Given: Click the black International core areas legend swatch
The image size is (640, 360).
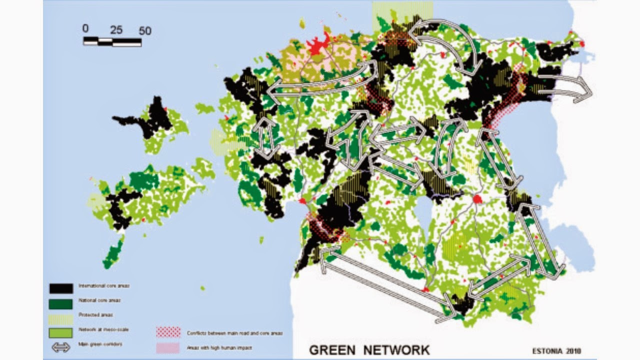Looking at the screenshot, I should pos(61,288).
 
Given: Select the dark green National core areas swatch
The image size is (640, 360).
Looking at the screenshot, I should pos(61,303).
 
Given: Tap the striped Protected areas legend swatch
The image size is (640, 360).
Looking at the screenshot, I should pos(61,317).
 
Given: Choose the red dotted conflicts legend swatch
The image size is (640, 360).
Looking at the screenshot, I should pos(168,332).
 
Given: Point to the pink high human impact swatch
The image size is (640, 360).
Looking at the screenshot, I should pos(168,347).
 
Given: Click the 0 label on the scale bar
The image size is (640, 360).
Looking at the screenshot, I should pos(85,28).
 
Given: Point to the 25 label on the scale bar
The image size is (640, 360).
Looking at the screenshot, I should pos(116,30).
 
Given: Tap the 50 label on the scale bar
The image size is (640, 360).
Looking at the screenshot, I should pos(144,30).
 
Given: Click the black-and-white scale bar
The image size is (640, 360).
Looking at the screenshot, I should pos(112,42).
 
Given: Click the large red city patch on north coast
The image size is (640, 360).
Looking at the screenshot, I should pos(318,45).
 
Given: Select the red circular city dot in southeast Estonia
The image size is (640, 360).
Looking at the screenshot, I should pos(477,199).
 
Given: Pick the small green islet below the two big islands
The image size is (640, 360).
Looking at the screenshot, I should pos(202,288).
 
